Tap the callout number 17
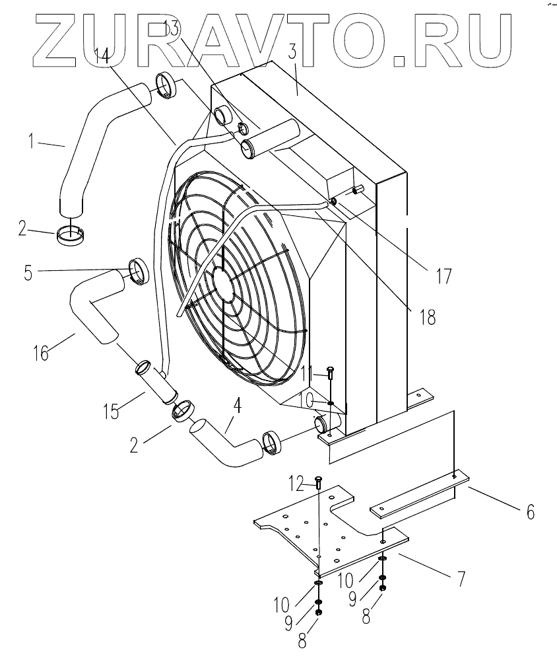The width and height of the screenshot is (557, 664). pos(443,275)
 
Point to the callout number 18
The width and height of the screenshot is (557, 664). pos(427,316)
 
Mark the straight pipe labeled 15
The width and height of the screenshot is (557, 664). pos(159,387)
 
